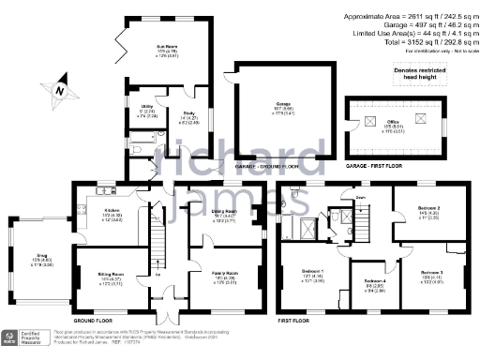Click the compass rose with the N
(60, 90)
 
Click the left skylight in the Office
(368, 122)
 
